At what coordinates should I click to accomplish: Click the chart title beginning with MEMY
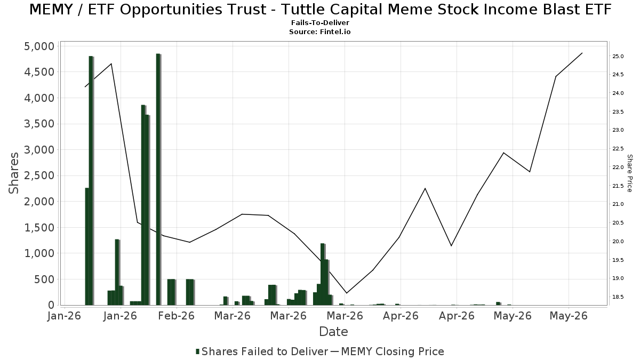pyautogui.click(x=320, y=10)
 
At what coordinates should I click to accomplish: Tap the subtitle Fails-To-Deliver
pyautogui.click(x=320, y=23)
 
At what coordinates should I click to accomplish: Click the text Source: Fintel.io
pyautogui.click(x=319, y=31)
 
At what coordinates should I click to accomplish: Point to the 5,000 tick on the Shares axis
pyautogui.click(x=39, y=46)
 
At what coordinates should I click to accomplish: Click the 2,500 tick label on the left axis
pyautogui.click(x=39, y=175)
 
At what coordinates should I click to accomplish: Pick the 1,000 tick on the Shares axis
pyautogui.click(x=39, y=253)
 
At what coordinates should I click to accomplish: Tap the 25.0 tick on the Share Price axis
pyautogui.click(x=618, y=57)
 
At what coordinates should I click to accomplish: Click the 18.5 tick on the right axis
pyautogui.click(x=618, y=297)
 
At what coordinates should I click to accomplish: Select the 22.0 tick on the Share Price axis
pyautogui.click(x=618, y=167)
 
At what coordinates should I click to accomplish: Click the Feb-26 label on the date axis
pyautogui.click(x=177, y=316)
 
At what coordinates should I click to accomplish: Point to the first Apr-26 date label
pyautogui.click(x=401, y=316)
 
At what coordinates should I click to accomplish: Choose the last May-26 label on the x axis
pyautogui.click(x=569, y=316)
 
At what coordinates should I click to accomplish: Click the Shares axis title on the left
pyautogui.click(x=13, y=173)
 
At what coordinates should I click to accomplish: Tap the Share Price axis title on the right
pyautogui.click(x=629, y=173)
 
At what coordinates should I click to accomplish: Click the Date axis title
pyautogui.click(x=333, y=332)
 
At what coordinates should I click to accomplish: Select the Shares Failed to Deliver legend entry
pyautogui.click(x=262, y=351)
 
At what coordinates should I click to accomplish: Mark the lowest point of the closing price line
pyautogui.click(x=347, y=293)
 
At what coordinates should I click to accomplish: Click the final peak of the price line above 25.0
pyautogui.click(x=582, y=53)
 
